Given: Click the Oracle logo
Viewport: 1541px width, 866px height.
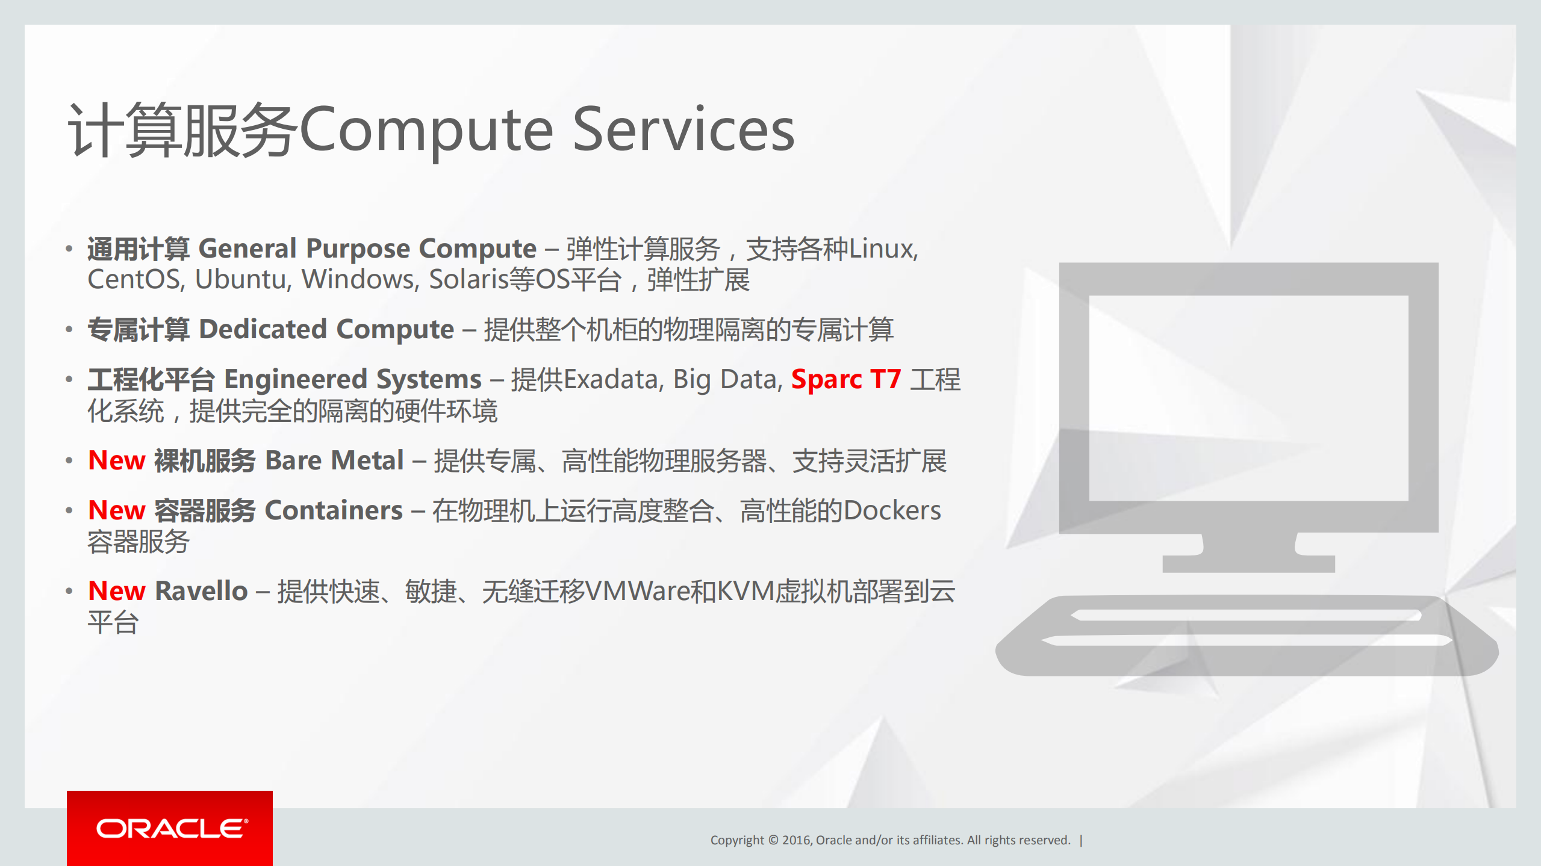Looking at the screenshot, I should pyautogui.click(x=171, y=829).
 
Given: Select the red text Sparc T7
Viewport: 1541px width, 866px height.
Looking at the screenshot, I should pyautogui.click(x=845, y=379).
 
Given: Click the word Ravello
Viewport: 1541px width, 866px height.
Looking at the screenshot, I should pyautogui.click(x=201, y=591).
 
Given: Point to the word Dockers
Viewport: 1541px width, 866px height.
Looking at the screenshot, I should pyautogui.click(x=892, y=510).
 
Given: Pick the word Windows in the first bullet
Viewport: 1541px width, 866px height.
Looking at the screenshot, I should pyautogui.click(x=360, y=279).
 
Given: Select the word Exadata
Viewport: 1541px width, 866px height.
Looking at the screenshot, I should pyautogui.click(x=613, y=379).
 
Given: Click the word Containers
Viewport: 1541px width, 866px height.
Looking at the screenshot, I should pyautogui.click(x=334, y=510).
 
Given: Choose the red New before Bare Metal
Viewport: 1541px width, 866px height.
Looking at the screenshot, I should pyautogui.click(x=117, y=460).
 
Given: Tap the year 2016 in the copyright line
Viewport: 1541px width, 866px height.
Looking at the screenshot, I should pyautogui.click(x=796, y=840).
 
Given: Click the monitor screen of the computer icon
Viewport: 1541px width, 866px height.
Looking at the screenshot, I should pyautogui.click(x=1248, y=397).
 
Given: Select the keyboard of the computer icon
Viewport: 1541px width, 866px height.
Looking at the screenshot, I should pyautogui.click(x=1247, y=635).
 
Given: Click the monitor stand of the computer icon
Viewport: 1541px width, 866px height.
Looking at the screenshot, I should pyautogui.click(x=1248, y=551).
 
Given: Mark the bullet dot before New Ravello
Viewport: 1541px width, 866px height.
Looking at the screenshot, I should pyautogui.click(x=69, y=591).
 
